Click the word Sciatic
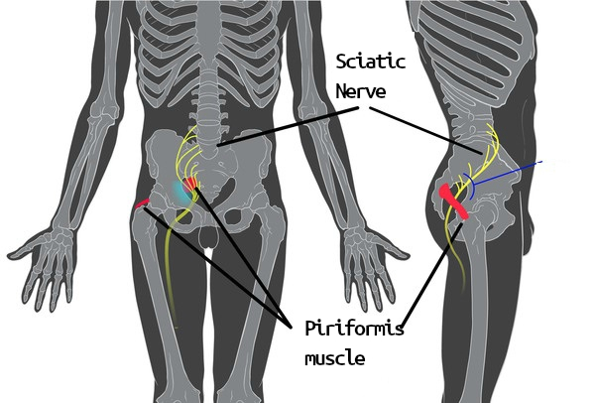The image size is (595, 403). [x=371, y=62]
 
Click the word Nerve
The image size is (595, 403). [x=361, y=91]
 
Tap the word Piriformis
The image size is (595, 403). [x=354, y=329]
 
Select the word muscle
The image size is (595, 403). [x=335, y=358]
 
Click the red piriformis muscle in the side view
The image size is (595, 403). [x=453, y=201]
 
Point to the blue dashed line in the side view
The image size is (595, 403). [x=508, y=173]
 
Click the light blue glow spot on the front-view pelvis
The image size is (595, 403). [x=181, y=192]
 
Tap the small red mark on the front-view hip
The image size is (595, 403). [x=142, y=203]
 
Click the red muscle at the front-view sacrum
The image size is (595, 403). [x=190, y=184]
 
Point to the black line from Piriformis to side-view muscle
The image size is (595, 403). [x=431, y=275]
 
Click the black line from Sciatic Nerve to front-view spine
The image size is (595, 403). [x=288, y=126]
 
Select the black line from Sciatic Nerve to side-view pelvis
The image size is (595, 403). [x=425, y=130]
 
